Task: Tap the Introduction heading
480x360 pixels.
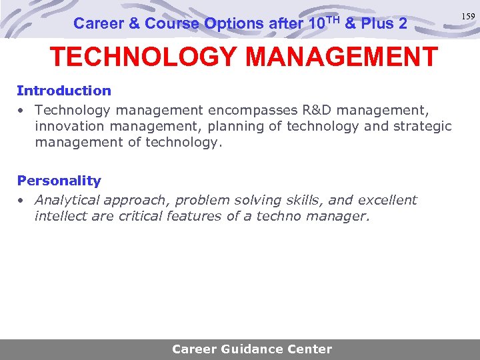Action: click(x=64, y=91)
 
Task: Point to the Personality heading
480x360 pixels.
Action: click(x=59, y=181)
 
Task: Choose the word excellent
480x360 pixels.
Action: click(x=387, y=200)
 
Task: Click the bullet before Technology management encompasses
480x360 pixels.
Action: click(x=22, y=109)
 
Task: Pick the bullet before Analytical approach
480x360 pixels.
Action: click(x=22, y=201)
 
